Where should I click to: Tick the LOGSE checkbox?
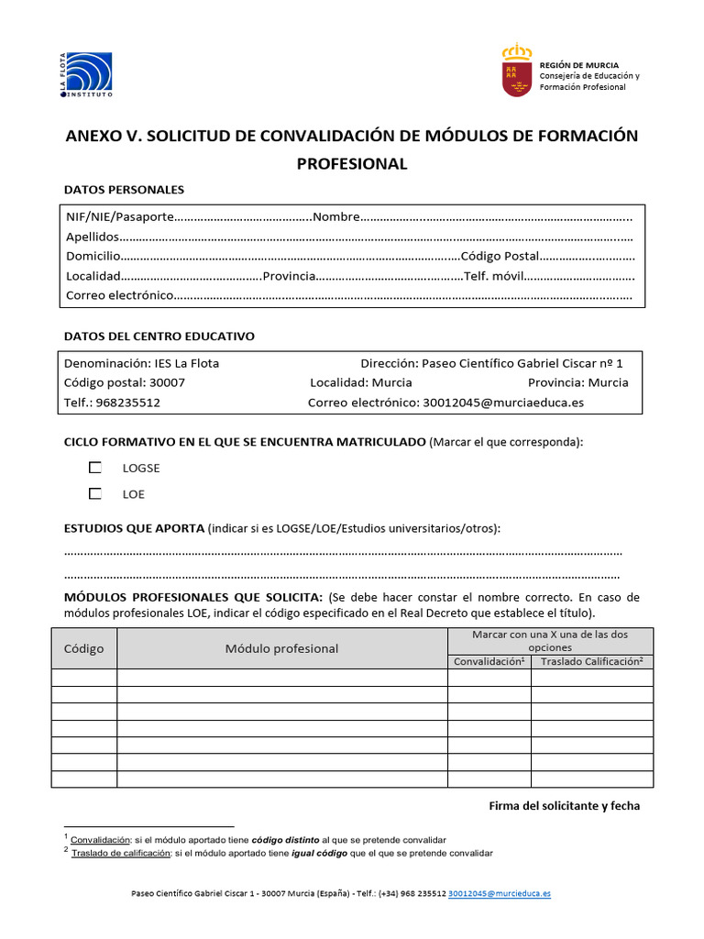[x=95, y=468]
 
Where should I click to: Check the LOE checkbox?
[x=95, y=493]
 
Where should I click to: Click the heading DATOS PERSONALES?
[x=124, y=190]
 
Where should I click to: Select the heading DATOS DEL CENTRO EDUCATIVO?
[x=159, y=337]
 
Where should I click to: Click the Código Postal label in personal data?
[x=500, y=256]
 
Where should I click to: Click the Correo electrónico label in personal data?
[x=119, y=295]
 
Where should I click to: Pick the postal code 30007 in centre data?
[x=166, y=382]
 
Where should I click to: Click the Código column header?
[x=83, y=648]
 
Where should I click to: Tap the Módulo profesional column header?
[x=281, y=648]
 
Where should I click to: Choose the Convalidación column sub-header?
[x=489, y=661]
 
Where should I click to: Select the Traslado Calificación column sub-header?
[x=591, y=661]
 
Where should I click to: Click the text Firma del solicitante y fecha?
[x=565, y=806]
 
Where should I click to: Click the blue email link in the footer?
[x=500, y=892]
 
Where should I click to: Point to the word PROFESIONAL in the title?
[x=351, y=164]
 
